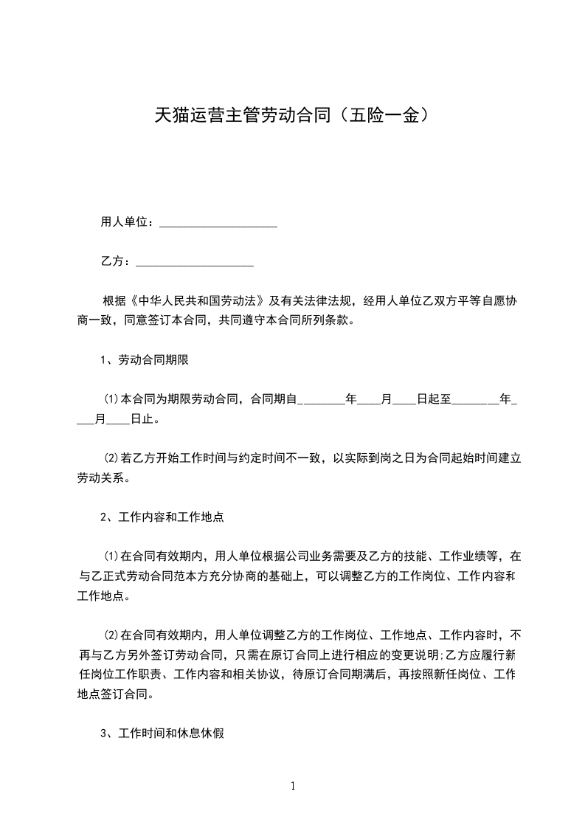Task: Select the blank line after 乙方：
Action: (195, 262)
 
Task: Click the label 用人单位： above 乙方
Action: (127, 221)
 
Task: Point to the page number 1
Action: (293, 786)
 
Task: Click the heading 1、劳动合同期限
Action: (147, 360)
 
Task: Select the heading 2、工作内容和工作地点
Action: (162, 517)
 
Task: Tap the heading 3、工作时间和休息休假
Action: (162, 734)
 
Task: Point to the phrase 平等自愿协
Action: (489, 301)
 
